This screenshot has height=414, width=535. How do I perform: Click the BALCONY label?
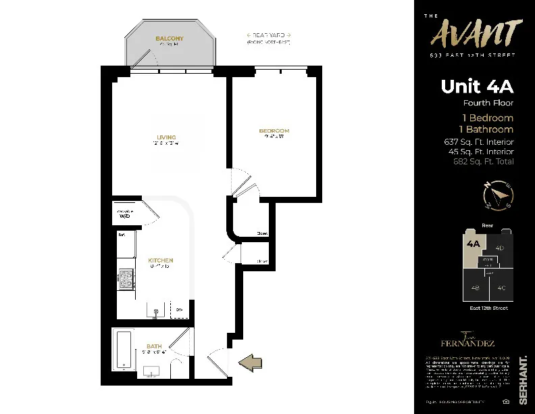(169, 39)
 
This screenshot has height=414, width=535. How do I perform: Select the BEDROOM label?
(274, 131)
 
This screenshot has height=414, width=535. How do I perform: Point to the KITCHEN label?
(161, 260)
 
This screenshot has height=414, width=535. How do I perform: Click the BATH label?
(154, 347)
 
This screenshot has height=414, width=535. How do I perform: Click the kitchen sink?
(156, 312)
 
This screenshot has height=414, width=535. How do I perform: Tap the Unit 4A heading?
(477, 87)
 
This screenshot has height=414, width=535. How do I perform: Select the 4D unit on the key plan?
(500, 248)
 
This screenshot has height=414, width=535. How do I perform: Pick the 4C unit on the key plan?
(501, 287)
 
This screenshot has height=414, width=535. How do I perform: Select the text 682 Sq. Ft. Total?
(483, 162)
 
